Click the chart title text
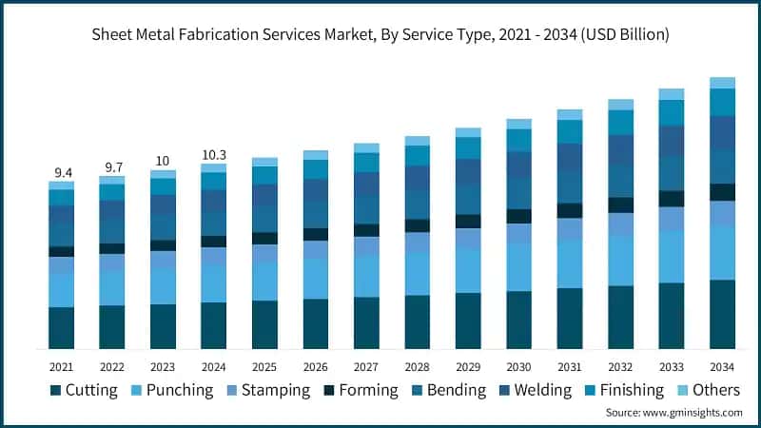[380, 35]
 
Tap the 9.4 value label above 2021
[63, 172]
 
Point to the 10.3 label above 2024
[214, 154]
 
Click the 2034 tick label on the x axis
[722, 366]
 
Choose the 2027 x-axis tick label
[366, 366]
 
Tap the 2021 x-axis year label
[62, 366]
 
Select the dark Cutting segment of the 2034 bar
[722, 314]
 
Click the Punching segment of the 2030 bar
[518, 266]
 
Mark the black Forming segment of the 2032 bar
[620, 205]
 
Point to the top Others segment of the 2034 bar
[722, 83]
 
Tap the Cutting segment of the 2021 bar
[62, 327]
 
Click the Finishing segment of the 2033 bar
[672, 113]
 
